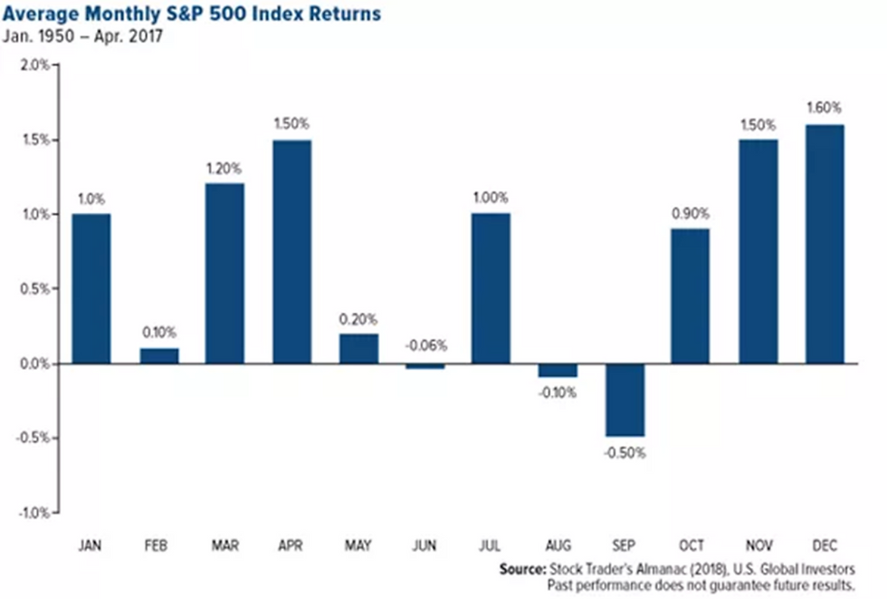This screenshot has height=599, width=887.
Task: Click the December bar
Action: click(x=824, y=244)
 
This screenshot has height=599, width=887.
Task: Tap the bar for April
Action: click(x=291, y=252)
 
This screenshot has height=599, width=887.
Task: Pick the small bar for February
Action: click(x=158, y=355)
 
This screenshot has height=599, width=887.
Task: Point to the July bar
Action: click(x=491, y=288)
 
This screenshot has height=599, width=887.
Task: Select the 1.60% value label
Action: click(x=824, y=108)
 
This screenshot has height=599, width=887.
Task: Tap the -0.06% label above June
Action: click(x=424, y=345)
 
